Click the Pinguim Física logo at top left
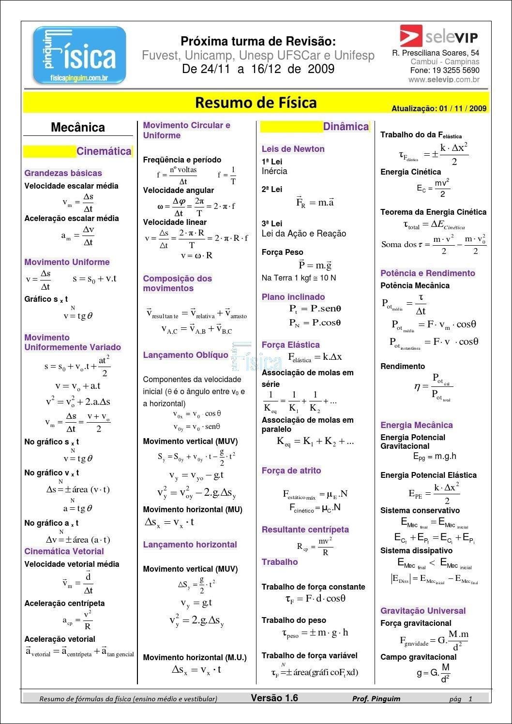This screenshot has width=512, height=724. (79, 55)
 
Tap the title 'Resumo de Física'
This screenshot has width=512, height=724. (256, 103)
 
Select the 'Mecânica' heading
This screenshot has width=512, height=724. (78, 128)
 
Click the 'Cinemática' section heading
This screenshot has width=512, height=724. (104, 151)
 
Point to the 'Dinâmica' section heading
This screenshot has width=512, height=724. (346, 127)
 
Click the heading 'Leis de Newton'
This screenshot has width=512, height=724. (293, 149)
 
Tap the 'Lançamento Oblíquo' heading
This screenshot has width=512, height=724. (185, 355)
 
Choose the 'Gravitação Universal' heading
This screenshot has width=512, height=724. (422, 611)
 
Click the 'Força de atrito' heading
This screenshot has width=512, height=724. (291, 471)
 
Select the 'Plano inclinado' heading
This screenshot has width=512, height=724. (293, 297)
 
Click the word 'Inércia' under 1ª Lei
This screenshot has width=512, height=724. (274, 171)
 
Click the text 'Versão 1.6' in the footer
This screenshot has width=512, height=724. (274, 698)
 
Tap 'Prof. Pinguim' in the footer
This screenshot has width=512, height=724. (376, 698)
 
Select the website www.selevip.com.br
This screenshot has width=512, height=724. (444, 80)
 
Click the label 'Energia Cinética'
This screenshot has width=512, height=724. (410, 172)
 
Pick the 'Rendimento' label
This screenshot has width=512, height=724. (403, 367)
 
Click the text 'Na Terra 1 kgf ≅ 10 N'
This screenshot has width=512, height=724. (299, 278)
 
